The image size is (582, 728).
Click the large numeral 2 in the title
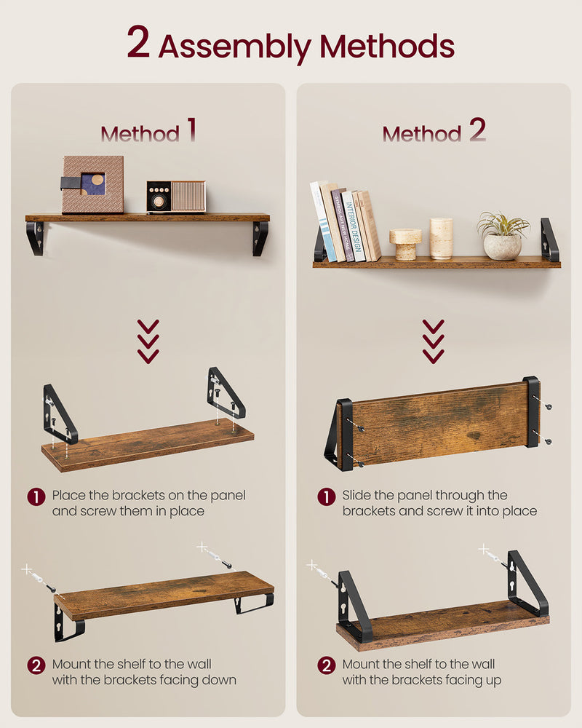click(139, 43)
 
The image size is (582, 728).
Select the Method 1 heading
click(148, 132)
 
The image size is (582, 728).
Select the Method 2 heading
click(434, 132)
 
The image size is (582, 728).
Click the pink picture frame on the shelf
click(92, 185)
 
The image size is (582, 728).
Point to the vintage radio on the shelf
click(176, 197)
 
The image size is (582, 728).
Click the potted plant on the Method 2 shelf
click(503, 236)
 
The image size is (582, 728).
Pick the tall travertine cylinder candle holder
click(441, 238)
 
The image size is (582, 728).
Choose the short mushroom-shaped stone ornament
click(405, 244)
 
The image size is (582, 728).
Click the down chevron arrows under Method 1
click(148, 341)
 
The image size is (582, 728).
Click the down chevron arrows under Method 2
click(434, 341)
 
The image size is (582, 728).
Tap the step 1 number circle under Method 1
click(36, 497)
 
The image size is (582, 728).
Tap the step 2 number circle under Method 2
click(327, 665)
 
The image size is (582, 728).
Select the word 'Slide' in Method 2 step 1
click(359, 495)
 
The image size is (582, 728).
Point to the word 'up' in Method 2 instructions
click(493, 680)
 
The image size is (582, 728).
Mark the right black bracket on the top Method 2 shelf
click(549, 240)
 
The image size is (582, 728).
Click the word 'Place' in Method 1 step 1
click(68, 495)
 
